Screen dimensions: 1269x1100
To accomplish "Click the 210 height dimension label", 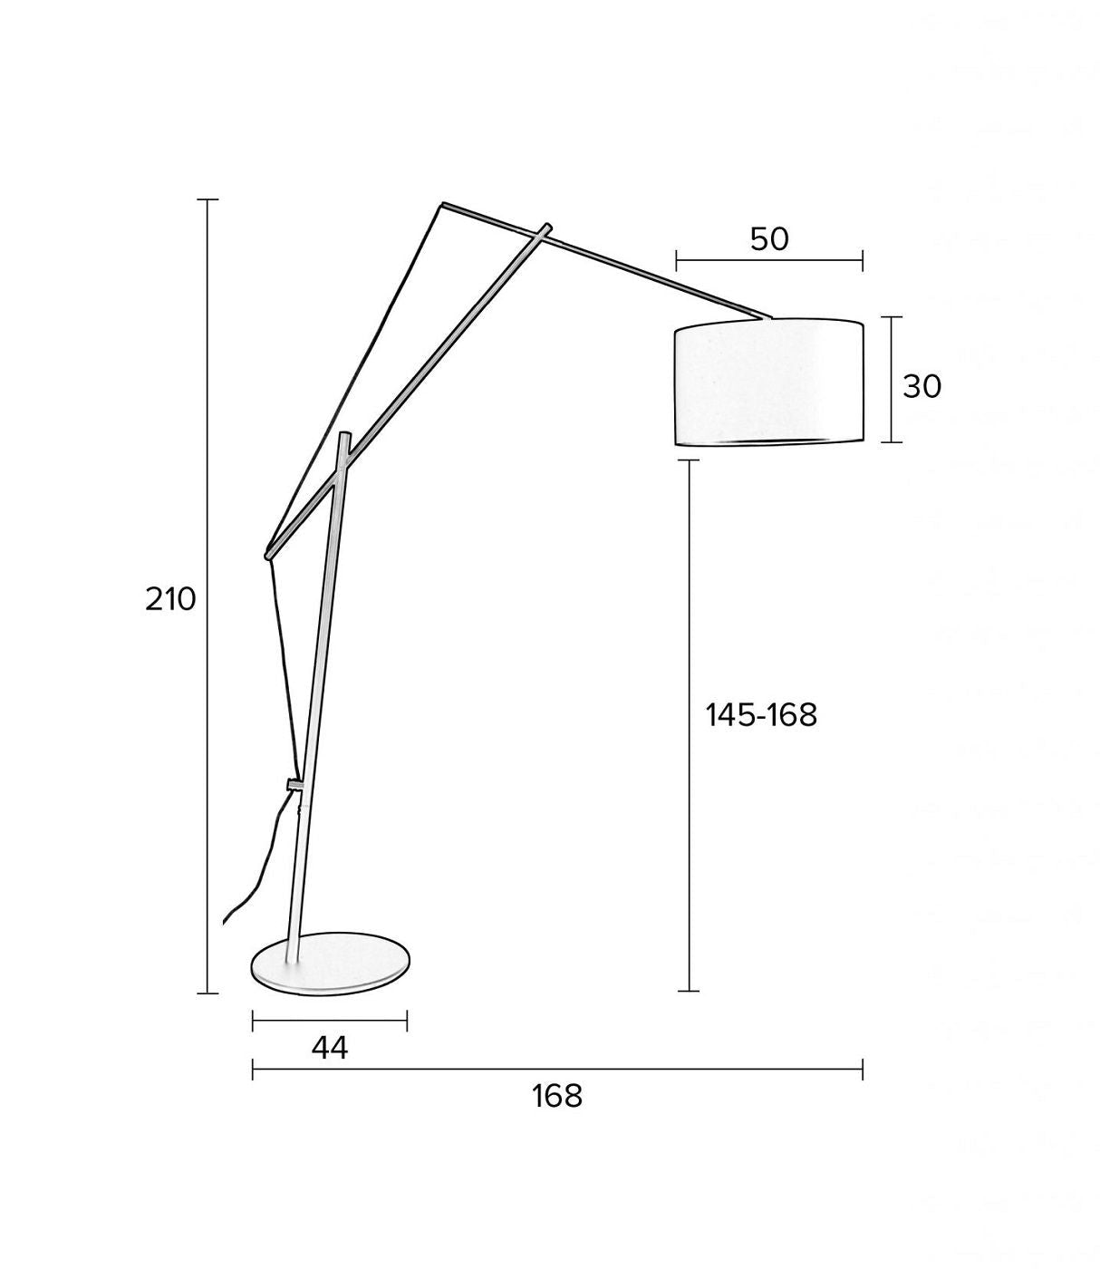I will pyautogui.click(x=170, y=599).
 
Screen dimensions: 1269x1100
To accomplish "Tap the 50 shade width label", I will pyautogui.click(x=769, y=239).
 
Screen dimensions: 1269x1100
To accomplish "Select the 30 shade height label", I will pyautogui.click(x=921, y=387).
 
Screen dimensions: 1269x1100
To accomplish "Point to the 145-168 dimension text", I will pyautogui.click(x=761, y=715).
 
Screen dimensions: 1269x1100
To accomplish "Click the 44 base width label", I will pyautogui.click(x=329, y=1048).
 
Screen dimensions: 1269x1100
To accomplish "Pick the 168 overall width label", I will pyautogui.click(x=556, y=1096).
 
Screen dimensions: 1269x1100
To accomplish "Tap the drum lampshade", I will pyautogui.click(x=768, y=382).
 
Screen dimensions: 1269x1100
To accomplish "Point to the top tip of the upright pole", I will pyautogui.click(x=344, y=437).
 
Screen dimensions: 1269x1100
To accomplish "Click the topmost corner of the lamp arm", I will pyautogui.click(x=443, y=204).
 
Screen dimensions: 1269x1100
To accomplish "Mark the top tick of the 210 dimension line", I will pyautogui.click(x=207, y=199).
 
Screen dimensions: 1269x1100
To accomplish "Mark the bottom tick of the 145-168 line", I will pyautogui.click(x=689, y=991).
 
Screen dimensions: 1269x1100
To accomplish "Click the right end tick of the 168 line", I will pyautogui.click(x=862, y=1070).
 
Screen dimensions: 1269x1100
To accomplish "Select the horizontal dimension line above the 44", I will pyautogui.click(x=329, y=1022).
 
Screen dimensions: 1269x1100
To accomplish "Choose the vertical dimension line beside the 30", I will pyautogui.click(x=893, y=380).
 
